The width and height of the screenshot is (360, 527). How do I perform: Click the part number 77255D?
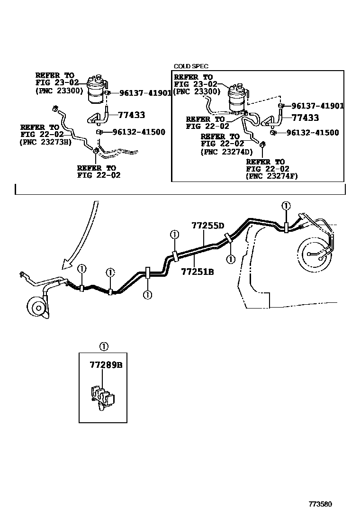pyautogui.click(x=208, y=226)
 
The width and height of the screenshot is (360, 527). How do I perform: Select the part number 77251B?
pyautogui.click(x=198, y=272)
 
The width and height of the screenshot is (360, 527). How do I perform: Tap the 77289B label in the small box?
pyautogui.click(x=106, y=364)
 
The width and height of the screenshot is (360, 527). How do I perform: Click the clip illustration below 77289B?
pyautogui.click(x=102, y=397)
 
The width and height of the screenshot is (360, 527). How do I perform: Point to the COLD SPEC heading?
pyautogui.click(x=191, y=66)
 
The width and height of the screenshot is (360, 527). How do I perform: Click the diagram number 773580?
pyautogui.click(x=320, y=504)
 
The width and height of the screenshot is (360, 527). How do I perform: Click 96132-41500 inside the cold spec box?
pyautogui.click(x=313, y=133)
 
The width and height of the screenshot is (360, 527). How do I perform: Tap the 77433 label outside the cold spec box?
pyautogui.click(x=132, y=115)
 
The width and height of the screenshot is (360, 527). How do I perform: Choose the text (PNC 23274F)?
pyautogui.click(x=272, y=176)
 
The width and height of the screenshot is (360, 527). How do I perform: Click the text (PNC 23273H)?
pyautogui.click(x=45, y=142)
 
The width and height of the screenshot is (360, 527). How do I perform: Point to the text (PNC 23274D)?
pyautogui.click(x=227, y=152)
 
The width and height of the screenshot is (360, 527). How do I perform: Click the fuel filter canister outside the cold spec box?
pyautogui.click(x=98, y=89)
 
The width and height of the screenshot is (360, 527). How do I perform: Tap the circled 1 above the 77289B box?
pyautogui.click(x=104, y=346)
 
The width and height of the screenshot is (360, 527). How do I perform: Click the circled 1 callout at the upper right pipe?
pyautogui.click(x=286, y=206)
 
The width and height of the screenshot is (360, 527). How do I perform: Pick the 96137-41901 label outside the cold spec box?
pyautogui.click(x=145, y=93)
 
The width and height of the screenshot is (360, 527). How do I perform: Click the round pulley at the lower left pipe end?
pyautogui.click(x=37, y=307)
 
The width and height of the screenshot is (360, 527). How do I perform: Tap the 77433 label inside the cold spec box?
pyautogui.click(x=305, y=118)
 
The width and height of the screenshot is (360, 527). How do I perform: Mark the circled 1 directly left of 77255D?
pyautogui.click(x=175, y=234)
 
